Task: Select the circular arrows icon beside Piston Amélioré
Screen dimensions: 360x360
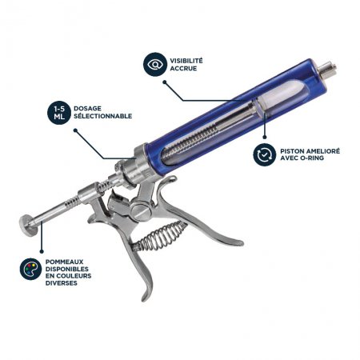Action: pyautogui.click(x=264, y=154)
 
